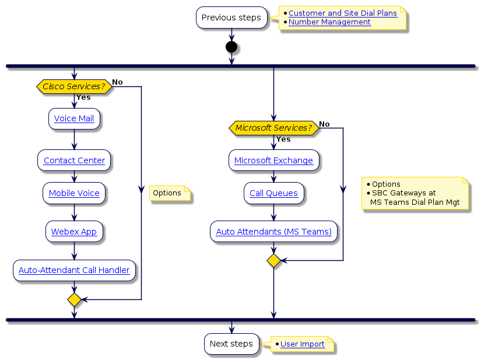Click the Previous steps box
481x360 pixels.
[x=231, y=18]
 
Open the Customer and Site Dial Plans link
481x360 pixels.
[x=342, y=13]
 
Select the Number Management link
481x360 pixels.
[x=329, y=22]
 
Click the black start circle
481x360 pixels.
[x=231, y=47]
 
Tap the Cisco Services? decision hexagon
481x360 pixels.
[x=73, y=86]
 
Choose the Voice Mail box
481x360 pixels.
[x=74, y=118]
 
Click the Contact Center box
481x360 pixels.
[x=74, y=160]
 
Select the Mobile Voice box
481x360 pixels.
[x=74, y=193]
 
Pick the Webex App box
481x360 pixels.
[x=74, y=232]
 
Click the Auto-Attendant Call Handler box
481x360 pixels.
[x=74, y=270]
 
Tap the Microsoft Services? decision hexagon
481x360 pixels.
[x=273, y=128]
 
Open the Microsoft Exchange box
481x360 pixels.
[x=273, y=160]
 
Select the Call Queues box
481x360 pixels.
[x=273, y=193]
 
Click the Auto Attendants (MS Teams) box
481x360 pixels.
[x=273, y=232]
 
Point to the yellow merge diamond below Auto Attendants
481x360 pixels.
[x=273, y=261]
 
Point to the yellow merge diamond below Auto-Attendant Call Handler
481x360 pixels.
[x=74, y=300]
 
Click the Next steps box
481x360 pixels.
[x=231, y=344]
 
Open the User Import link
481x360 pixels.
[x=302, y=344]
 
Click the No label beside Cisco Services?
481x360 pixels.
[x=117, y=82]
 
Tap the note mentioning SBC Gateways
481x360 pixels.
[x=415, y=193]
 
